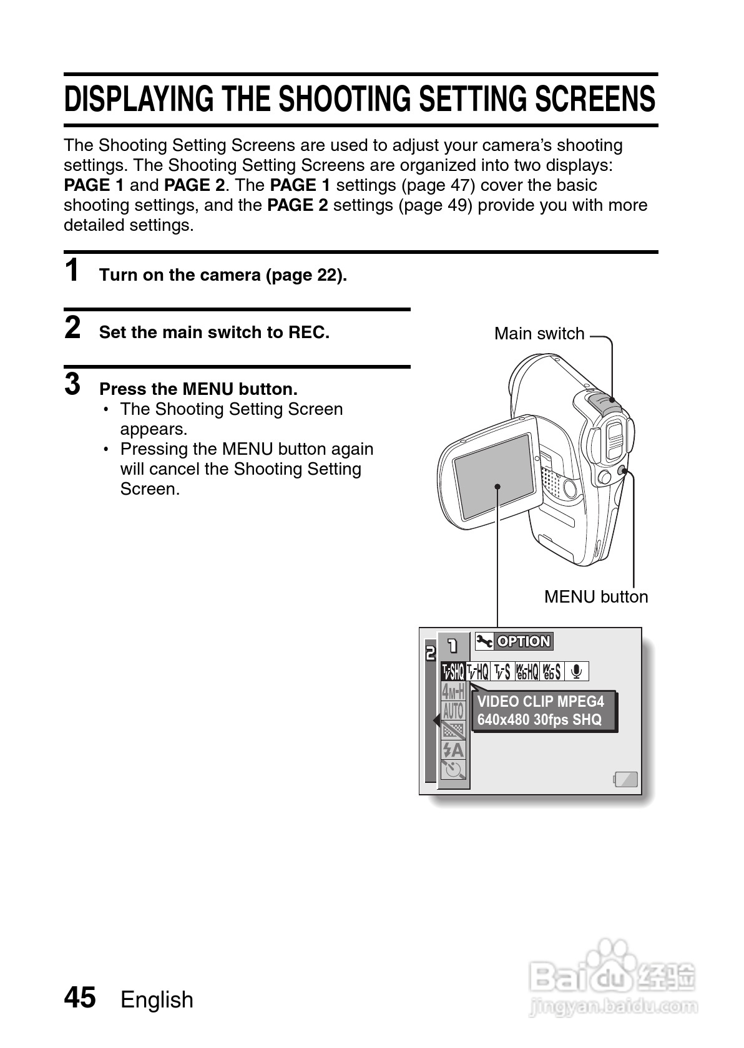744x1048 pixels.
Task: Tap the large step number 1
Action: (x=72, y=271)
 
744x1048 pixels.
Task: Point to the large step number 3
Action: (x=72, y=384)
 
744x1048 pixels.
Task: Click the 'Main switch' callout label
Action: (x=539, y=334)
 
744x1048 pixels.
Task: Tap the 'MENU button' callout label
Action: (x=595, y=597)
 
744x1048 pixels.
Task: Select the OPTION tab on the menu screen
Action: (x=523, y=641)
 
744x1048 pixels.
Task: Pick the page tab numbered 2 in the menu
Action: (x=430, y=654)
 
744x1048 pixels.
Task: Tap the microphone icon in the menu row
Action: (x=577, y=671)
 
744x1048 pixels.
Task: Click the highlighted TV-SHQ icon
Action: (x=453, y=671)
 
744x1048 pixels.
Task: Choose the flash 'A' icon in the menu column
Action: (x=453, y=749)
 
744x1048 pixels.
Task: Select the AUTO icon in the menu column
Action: (x=453, y=711)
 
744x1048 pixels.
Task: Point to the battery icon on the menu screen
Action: (x=626, y=779)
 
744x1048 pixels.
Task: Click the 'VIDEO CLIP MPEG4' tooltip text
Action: (x=541, y=702)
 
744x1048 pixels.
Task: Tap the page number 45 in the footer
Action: (x=80, y=997)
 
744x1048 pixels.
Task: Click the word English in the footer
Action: (x=157, y=999)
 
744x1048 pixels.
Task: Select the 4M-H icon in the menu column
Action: (x=453, y=691)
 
